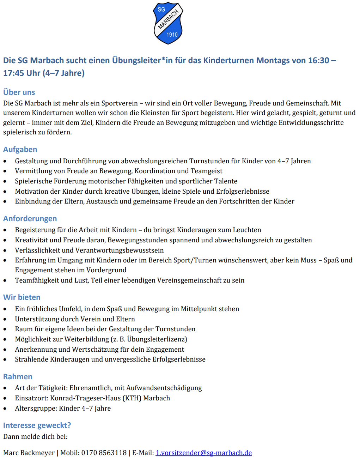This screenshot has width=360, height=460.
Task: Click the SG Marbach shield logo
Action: (168, 23)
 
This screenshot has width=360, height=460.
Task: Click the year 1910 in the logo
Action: (172, 35)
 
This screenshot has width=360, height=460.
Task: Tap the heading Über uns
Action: (19, 92)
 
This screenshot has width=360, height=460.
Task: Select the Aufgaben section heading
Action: (20, 149)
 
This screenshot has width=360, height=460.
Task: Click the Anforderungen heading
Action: (30, 218)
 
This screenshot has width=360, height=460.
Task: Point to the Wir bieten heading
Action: (22, 297)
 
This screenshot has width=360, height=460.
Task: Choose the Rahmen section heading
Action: (18, 376)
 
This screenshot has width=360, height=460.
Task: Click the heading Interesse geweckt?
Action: (37, 425)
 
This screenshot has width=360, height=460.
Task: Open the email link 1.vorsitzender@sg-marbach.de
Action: (203, 453)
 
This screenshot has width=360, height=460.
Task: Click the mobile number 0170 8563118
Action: (104, 453)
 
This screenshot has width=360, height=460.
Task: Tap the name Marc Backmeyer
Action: (29, 453)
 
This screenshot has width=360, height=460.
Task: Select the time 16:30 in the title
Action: (318, 60)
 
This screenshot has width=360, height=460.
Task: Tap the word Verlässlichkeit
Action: (39, 250)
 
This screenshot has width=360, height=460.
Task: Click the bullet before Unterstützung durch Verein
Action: (5, 319)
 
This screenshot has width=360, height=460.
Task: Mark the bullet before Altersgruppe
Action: (5, 408)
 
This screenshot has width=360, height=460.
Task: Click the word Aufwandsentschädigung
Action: (164, 388)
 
